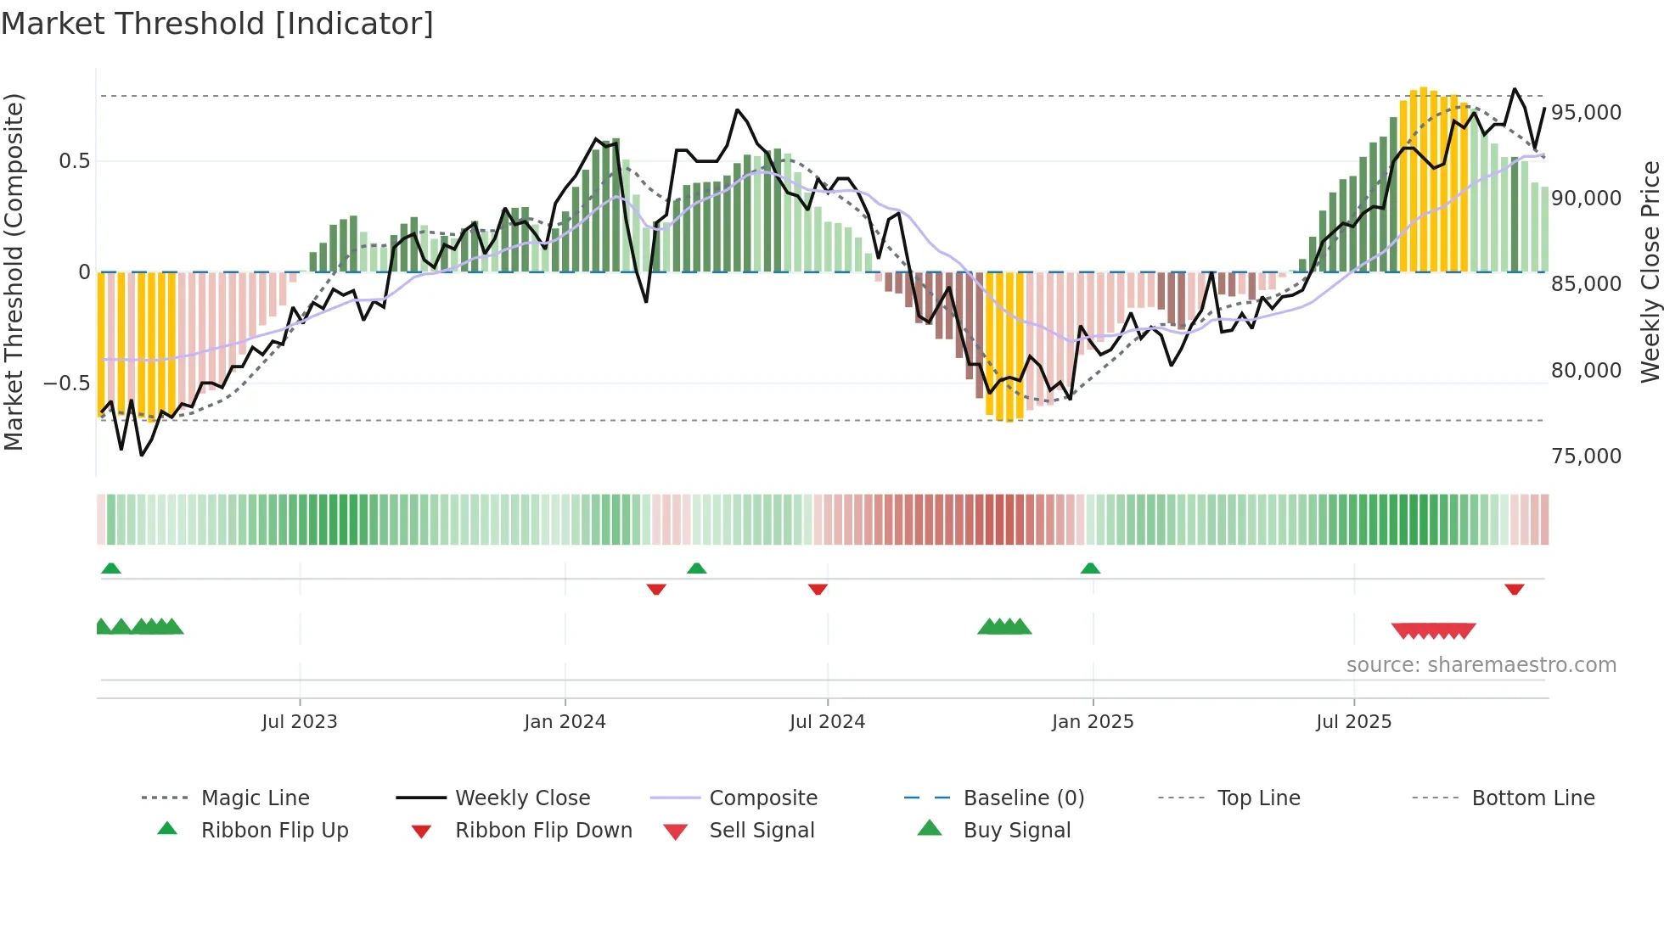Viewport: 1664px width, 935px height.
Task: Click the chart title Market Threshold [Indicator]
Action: point(217,24)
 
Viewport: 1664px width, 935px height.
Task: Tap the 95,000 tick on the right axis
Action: point(1586,113)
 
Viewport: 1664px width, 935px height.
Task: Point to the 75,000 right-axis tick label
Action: point(1586,456)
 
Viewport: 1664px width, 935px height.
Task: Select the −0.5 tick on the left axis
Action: point(66,384)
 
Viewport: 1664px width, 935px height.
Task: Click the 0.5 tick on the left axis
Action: point(74,161)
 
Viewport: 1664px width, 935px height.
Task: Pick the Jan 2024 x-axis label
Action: point(565,722)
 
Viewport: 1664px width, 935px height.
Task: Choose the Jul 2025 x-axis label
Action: point(1353,722)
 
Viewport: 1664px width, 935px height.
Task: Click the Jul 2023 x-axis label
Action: point(299,722)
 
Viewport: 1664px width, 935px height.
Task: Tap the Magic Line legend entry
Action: point(255,798)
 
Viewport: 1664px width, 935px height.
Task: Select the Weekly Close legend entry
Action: point(522,798)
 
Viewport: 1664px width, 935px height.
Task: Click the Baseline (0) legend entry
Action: point(1023,798)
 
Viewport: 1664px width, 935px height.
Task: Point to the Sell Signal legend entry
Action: point(762,831)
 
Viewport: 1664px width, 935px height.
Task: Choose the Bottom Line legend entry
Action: point(1532,798)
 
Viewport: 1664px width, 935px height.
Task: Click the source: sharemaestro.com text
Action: point(1481,665)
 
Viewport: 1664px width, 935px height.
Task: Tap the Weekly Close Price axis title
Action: point(1650,272)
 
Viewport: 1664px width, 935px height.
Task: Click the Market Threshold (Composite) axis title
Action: point(14,272)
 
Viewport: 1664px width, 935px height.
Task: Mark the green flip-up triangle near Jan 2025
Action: point(1090,568)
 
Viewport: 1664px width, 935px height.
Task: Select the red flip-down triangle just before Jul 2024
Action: point(818,589)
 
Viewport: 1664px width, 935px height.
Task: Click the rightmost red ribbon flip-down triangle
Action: point(1514,589)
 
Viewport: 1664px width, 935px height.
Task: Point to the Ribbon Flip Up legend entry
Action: point(274,831)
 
